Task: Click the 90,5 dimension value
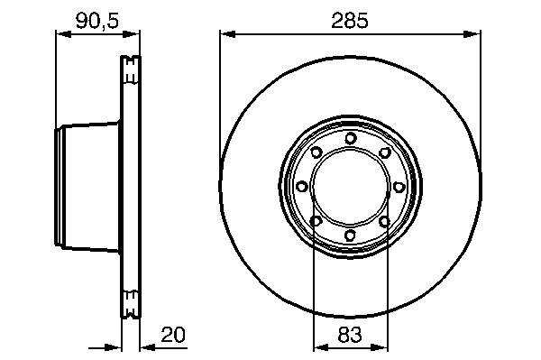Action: pos(97,21)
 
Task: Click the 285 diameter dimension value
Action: pos(350,21)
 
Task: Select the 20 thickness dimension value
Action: pos(173,335)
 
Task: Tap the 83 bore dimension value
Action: pos(350,335)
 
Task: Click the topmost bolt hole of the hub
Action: pos(350,138)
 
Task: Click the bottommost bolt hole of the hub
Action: pos(350,235)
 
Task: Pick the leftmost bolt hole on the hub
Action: pos(302,187)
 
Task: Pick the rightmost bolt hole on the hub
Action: pos(399,187)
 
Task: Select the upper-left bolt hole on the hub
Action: pos(316,152)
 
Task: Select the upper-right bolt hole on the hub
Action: pos(384,152)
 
